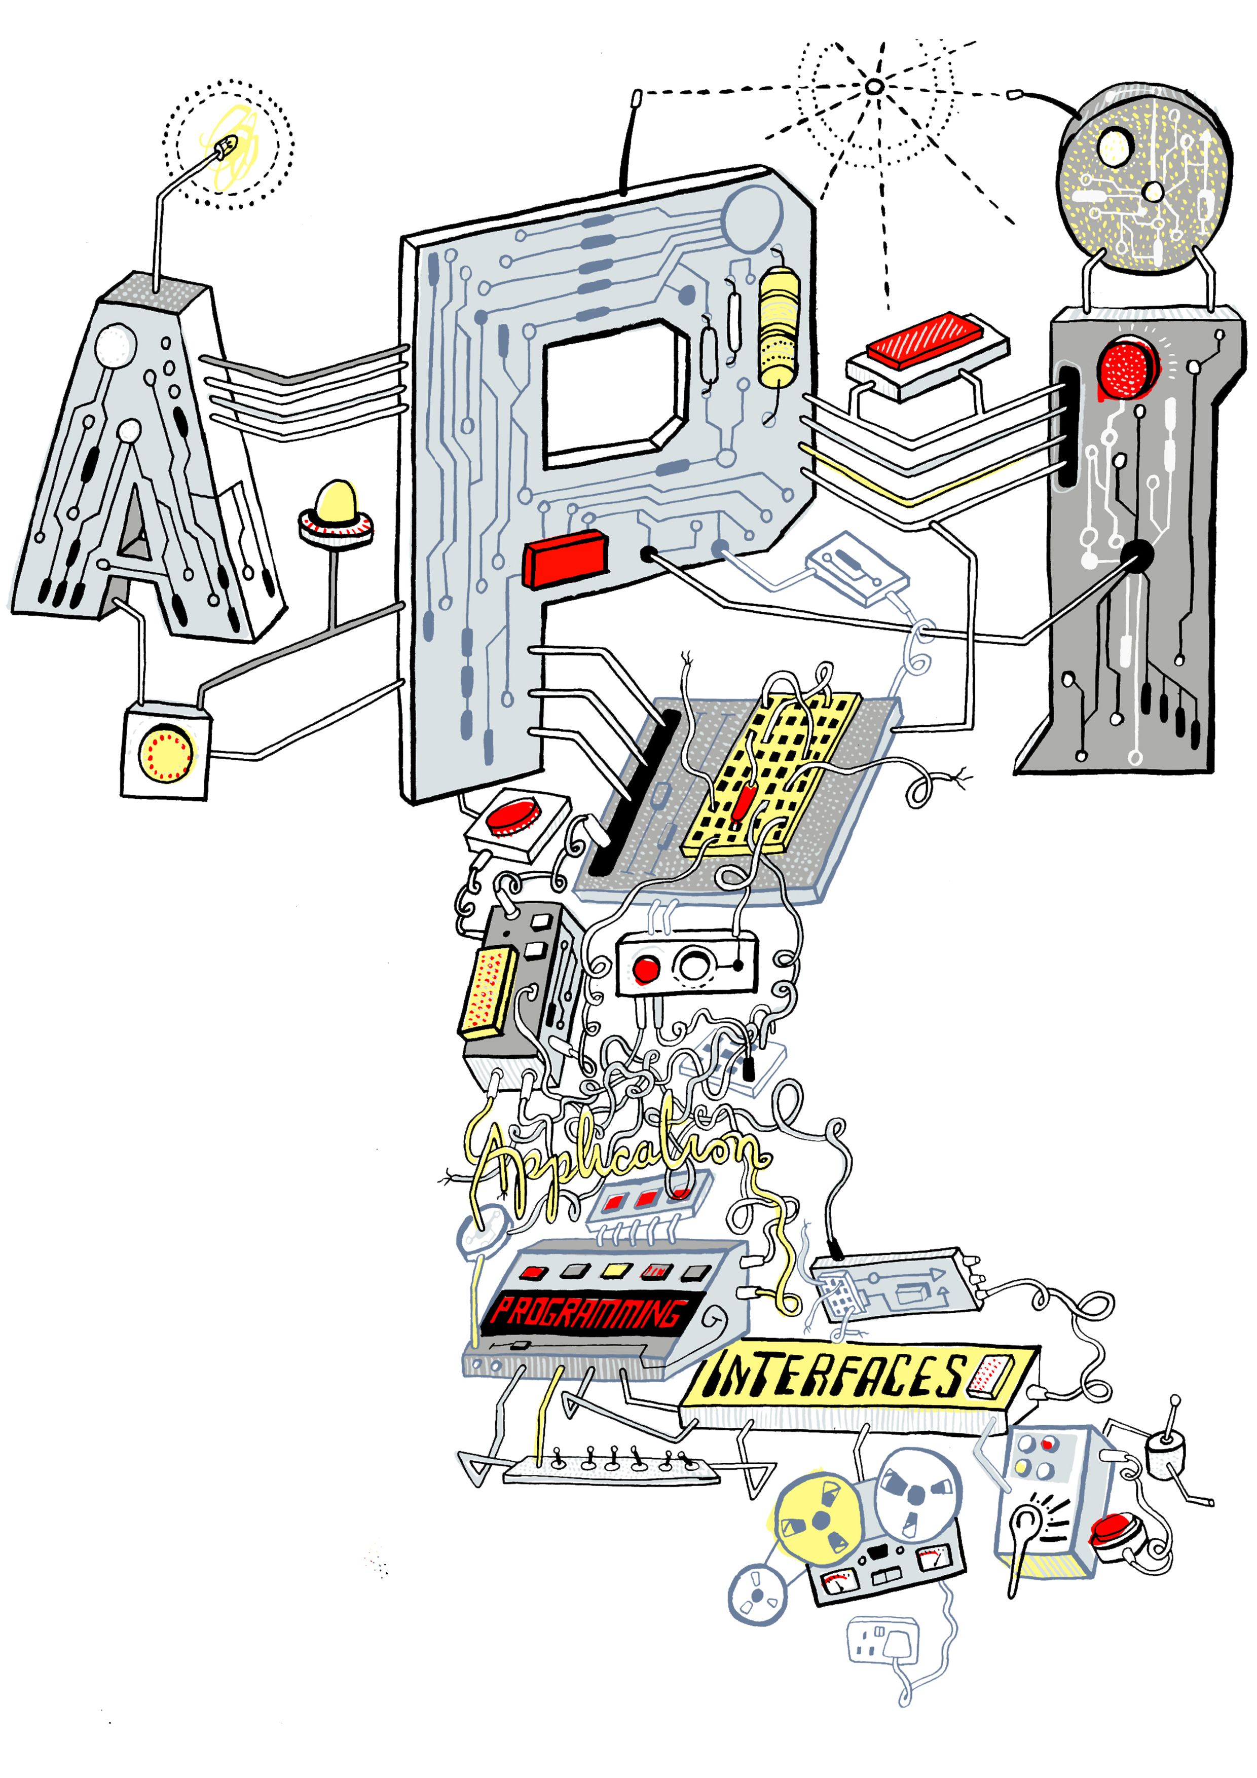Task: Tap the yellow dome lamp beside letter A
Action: click(x=336, y=502)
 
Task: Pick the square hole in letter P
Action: click(x=612, y=394)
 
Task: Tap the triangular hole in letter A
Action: click(x=135, y=527)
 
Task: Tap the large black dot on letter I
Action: click(x=1137, y=553)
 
